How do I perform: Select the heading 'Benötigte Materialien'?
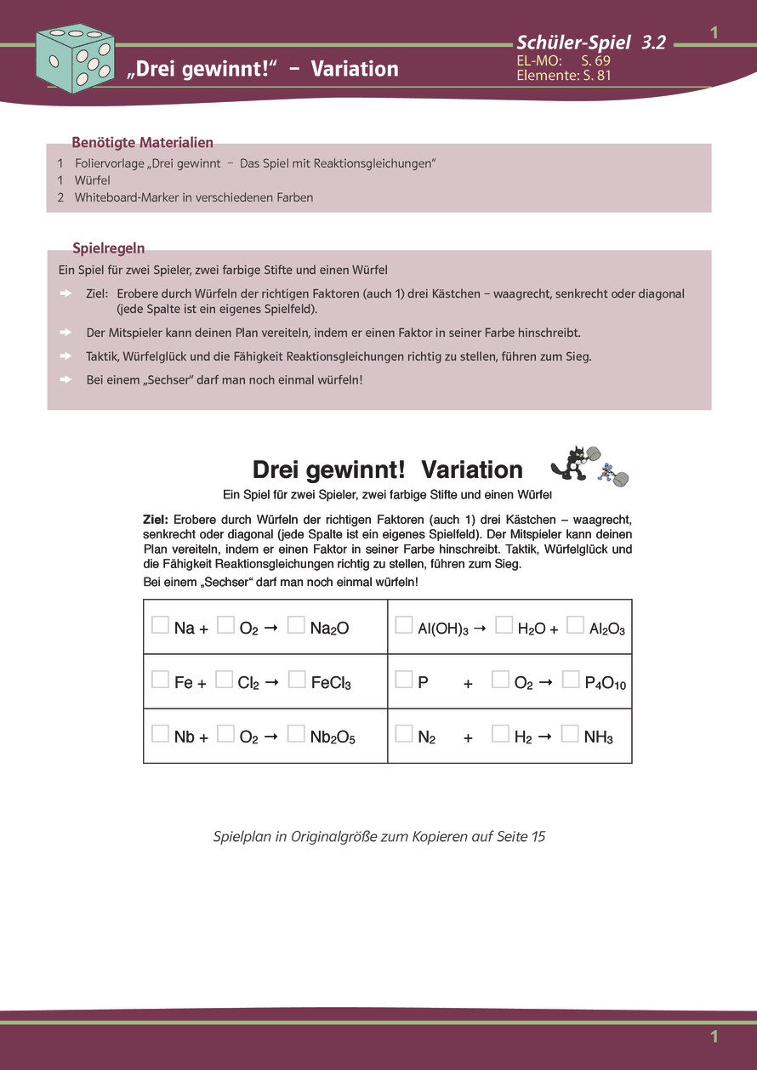(x=142, y=142)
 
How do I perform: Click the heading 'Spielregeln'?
(x=108, y=248)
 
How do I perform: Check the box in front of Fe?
(x=160, y=679)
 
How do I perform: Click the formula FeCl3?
(x=331, y=682)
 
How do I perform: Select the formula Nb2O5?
(x=333, y=737)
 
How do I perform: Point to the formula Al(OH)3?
(x=443, y=629)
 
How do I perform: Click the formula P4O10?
(x=606, y=683)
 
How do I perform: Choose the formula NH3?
(x=598, y=737)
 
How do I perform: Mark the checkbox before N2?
(x=404, y=733)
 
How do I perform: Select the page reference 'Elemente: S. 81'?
(x=564, y=75)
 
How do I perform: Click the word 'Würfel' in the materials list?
(x=93, y=180)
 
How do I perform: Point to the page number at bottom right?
(x=714, y=1036)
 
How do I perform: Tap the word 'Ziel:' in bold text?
(x=157, y=519)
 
